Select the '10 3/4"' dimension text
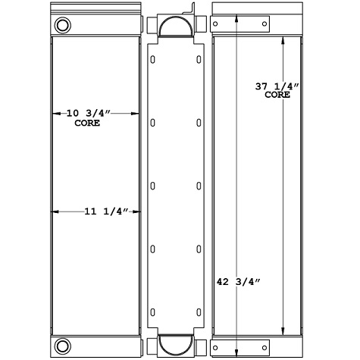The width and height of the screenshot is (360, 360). click(89, 114)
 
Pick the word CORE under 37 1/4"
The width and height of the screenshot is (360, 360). click(277, 97)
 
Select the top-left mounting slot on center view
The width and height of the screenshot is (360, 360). click(153, 59)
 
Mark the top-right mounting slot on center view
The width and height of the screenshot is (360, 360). click(199, 59)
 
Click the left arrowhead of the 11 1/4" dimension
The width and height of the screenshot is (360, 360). click(54, 211)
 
